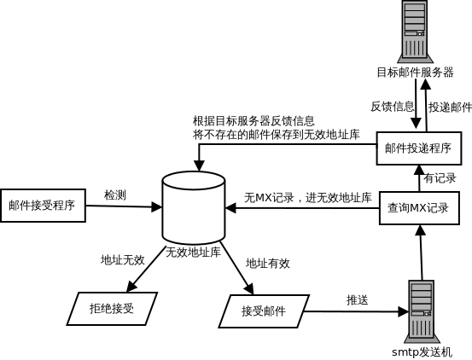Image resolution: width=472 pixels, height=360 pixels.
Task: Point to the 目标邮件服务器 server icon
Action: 416,32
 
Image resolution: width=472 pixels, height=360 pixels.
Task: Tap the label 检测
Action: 115,195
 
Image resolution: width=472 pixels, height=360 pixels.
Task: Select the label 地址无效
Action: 123,260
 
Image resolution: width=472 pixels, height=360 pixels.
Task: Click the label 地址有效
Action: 268,264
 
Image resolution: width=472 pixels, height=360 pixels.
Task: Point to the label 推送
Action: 358,299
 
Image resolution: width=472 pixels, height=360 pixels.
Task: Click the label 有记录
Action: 440,178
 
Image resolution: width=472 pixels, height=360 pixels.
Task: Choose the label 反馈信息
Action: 393,107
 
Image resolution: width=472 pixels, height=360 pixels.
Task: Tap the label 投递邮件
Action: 450,107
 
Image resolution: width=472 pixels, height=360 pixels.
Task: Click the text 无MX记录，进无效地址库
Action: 308,198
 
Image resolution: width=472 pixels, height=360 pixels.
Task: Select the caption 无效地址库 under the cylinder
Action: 193,252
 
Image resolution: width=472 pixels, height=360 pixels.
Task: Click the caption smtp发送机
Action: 422,352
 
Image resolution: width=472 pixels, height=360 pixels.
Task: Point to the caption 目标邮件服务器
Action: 416,73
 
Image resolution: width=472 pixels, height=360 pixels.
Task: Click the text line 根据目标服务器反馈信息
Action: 253,121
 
